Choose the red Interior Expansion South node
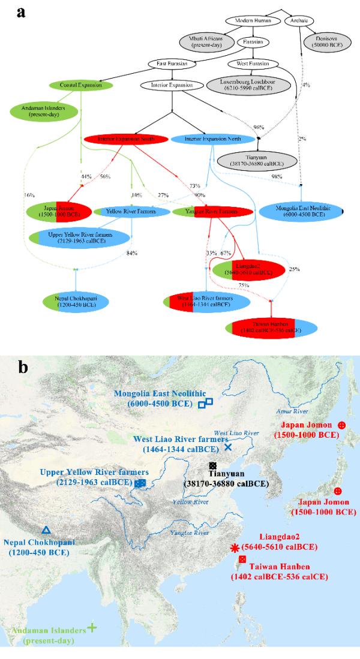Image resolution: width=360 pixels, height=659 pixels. [x=126, y=139]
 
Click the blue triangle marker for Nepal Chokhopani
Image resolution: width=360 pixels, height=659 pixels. [x=46, y=530]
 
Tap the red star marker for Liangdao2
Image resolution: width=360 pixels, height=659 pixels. [x=235, y=547]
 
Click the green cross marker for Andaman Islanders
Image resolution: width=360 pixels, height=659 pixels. [x=92, y=627]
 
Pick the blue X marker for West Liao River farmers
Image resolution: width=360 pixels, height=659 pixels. [x=227, y=447]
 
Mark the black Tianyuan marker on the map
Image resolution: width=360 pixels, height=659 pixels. [x=212, y=466]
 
